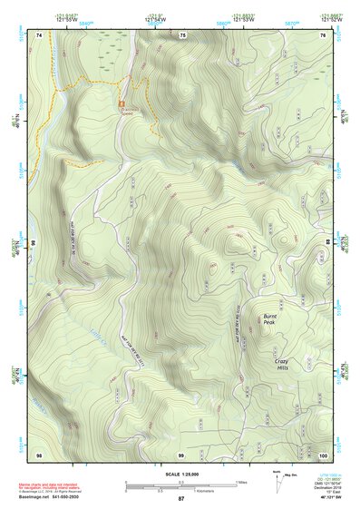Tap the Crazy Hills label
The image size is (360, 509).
click(x=287, y=365)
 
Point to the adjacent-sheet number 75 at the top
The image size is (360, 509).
click(x=182, y=34)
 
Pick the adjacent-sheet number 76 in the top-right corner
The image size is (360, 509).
click(x=323, y=34)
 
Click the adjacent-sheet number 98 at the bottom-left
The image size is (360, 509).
click(x=39, y=454)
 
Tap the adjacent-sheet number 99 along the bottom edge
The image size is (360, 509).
click(x=181, y=454)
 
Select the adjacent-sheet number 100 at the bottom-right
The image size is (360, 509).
click(x=324, y=454)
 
